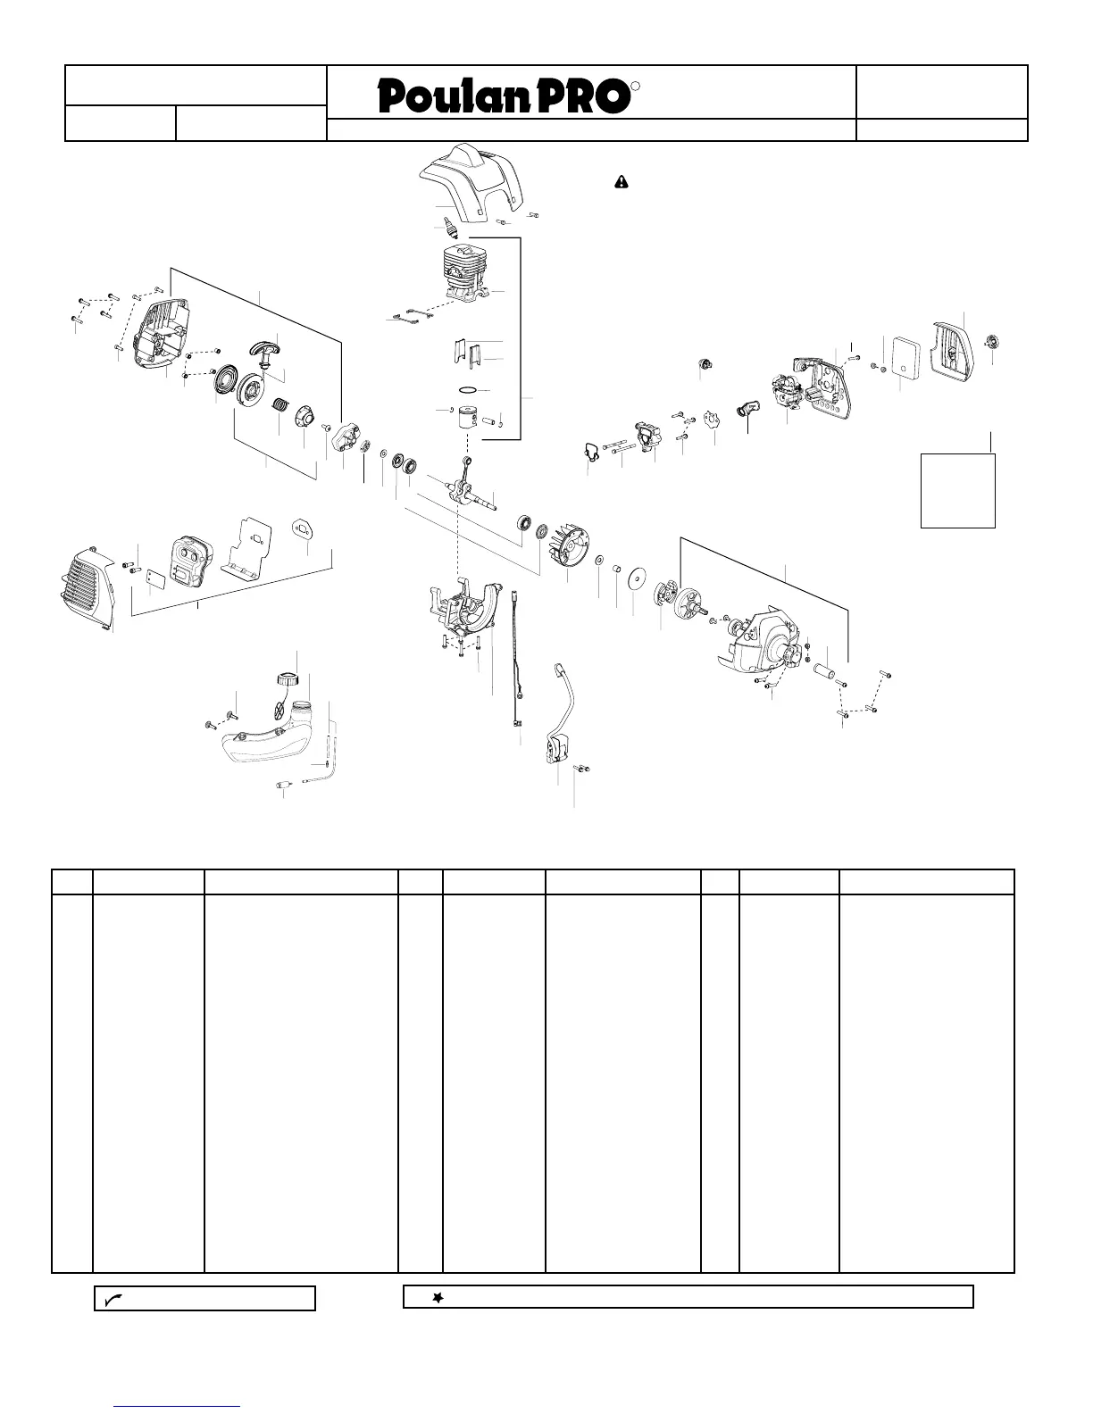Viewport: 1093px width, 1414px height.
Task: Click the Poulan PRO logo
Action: pos(505,96)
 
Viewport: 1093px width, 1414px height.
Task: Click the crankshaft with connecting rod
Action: pos(470,487)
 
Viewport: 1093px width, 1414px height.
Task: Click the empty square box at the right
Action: pos(957,490)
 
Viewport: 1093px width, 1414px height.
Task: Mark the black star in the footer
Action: pos(438,1298)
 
